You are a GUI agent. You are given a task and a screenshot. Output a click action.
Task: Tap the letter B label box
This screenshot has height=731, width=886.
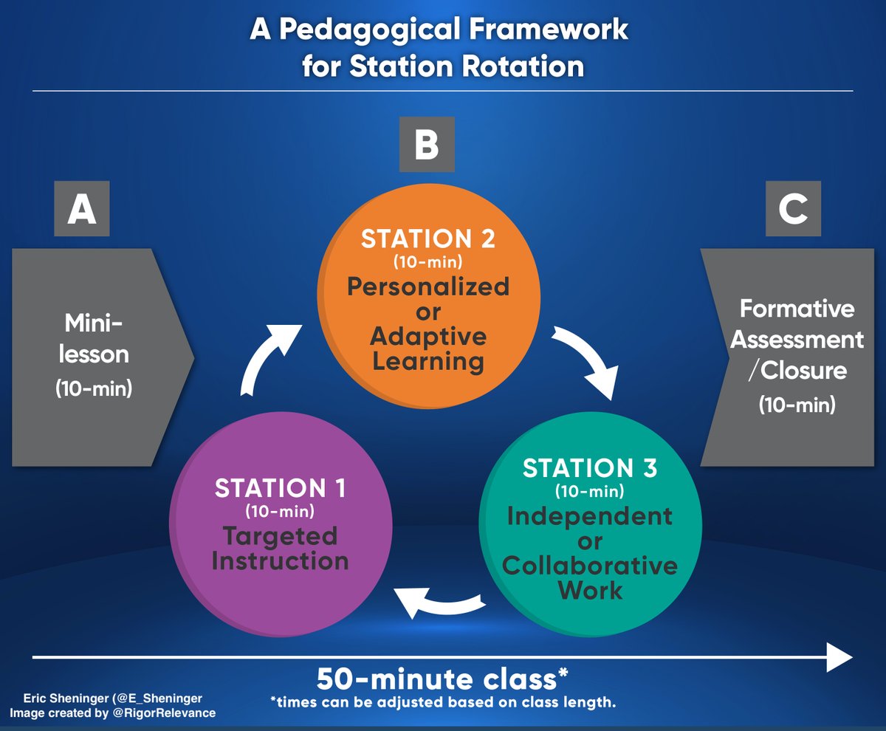point(427,145)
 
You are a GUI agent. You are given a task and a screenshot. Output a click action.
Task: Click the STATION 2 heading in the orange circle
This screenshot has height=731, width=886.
point(428,240)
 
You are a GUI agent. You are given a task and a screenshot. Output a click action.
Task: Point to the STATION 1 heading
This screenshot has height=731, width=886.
point(280,488)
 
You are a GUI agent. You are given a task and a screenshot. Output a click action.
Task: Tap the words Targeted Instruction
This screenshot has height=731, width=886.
point(280,547)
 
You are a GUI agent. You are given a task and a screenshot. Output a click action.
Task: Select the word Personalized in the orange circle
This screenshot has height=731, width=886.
point(428,286)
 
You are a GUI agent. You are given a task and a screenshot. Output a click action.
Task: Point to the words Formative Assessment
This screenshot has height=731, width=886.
point(797,323)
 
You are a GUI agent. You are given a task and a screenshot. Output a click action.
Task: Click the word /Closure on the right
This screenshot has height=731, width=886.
point(797,369)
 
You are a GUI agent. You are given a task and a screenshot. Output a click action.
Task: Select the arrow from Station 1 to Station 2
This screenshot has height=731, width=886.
point(269,360)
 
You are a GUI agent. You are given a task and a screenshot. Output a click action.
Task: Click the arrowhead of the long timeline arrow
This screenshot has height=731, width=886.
point(839,656)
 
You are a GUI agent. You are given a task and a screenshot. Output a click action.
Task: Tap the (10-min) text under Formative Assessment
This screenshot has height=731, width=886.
point(797,405)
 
